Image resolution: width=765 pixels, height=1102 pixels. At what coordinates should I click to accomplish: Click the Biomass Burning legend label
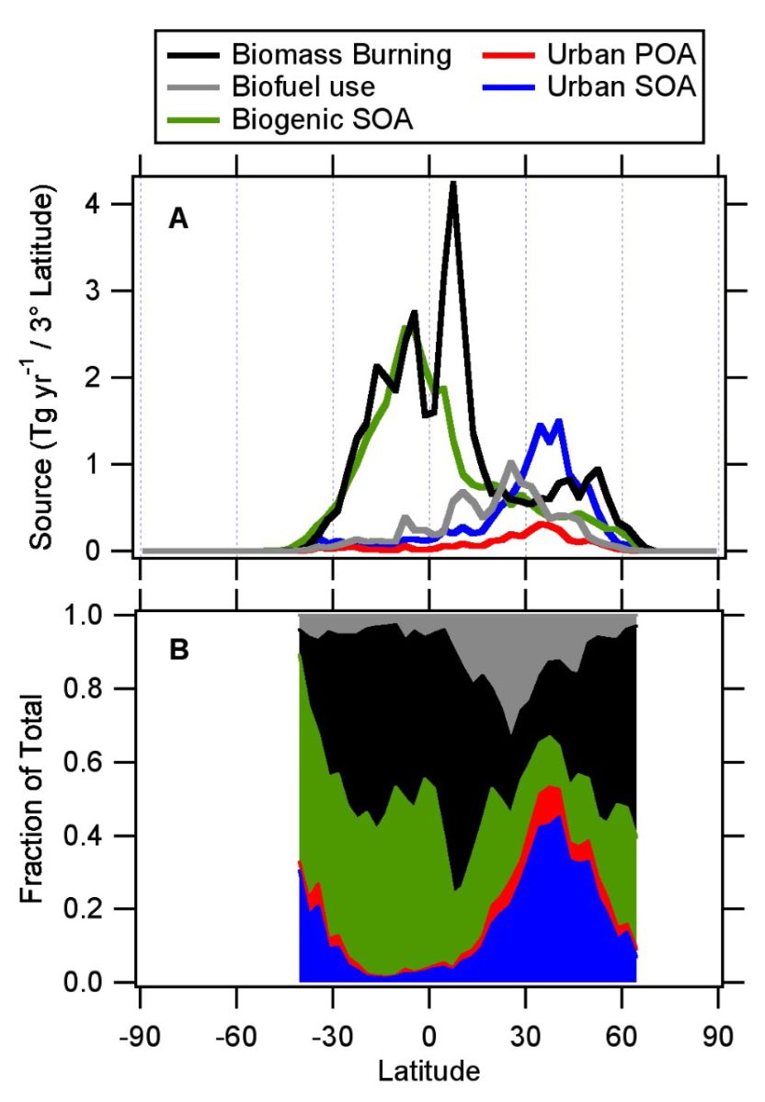[341, 56]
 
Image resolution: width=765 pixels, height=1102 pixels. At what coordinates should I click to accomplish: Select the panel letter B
[178, 650]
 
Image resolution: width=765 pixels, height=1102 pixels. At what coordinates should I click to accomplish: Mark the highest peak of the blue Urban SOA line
[558, 420]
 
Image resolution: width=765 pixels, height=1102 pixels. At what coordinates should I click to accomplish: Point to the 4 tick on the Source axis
[119, 204]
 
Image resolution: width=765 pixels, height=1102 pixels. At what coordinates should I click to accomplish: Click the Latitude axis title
[429, 1070]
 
